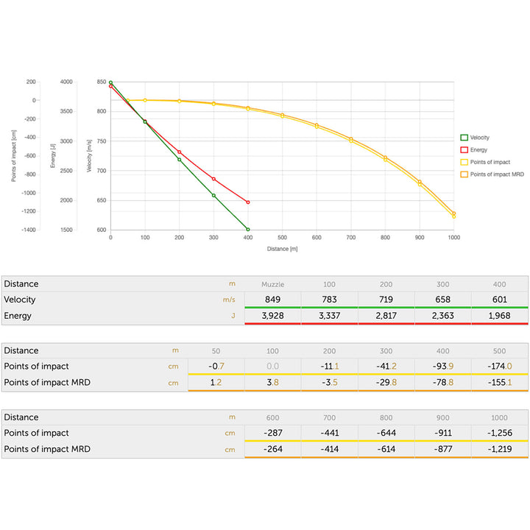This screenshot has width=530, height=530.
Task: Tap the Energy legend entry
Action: (478, 149)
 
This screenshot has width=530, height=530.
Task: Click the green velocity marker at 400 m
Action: (248, 230)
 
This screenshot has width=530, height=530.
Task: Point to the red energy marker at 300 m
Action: (213, 179)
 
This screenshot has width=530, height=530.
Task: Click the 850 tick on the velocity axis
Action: (102, 82)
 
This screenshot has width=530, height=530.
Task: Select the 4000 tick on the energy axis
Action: (66, 82)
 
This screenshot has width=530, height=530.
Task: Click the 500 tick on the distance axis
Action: (282, 238)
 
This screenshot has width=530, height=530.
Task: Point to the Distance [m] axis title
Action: (282, 249)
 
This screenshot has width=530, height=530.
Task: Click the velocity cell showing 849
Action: (272, 300)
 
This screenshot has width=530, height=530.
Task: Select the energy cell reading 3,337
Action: (329, 316)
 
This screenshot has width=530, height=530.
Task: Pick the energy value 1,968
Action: (500, 316)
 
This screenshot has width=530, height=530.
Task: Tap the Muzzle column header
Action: (272, 284)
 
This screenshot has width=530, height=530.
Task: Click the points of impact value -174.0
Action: (500, 367)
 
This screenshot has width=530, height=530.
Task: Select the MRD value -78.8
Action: (443, 383)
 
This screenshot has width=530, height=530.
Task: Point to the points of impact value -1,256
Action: (500, 433)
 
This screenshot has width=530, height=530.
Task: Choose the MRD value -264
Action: (272, 449)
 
